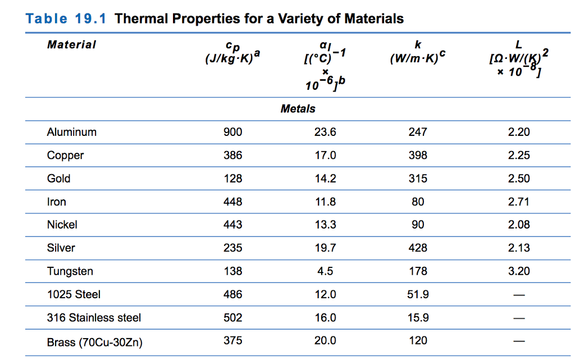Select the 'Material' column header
click(71, 45)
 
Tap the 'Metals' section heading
click(298, 109)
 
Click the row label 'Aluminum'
click(72, 132)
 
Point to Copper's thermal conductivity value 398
click(418, 156)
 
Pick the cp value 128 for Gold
click(233, 179)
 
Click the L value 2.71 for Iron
click(518, 202)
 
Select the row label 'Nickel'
click(62, 225)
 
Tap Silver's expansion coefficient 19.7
click(325, 248)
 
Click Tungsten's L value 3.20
click(518, 271)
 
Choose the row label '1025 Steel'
click(74, 294)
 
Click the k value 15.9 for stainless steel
click(418, 317)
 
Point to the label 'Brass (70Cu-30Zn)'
click(94, 341)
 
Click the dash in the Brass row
click(518, 341)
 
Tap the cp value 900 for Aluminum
click(233, 132)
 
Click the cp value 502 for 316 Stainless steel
click(233, 317)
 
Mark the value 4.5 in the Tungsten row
click(325, 271)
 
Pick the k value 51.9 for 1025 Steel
click(418, 294)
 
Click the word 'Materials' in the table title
click(373, 19)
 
